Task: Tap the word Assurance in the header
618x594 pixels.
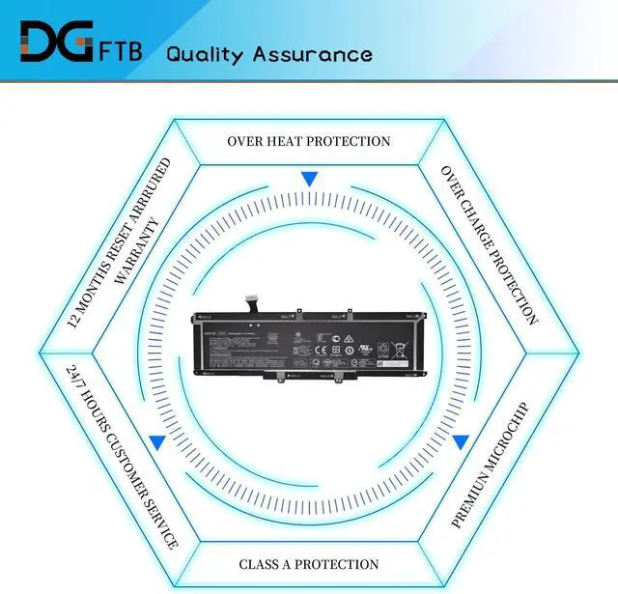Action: (319, 53)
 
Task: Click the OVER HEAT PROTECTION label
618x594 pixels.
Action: (309, 141)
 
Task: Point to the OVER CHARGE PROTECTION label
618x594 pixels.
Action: (489, 244)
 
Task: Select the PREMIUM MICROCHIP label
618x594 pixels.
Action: (491, 464)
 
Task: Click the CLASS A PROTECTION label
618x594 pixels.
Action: (309, 564)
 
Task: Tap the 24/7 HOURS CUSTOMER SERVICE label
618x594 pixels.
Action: (123, 457)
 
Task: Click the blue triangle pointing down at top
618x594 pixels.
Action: (309, 179)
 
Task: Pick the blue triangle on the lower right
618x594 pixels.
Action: (462, 442)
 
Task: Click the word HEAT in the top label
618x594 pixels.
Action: (294, 141)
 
